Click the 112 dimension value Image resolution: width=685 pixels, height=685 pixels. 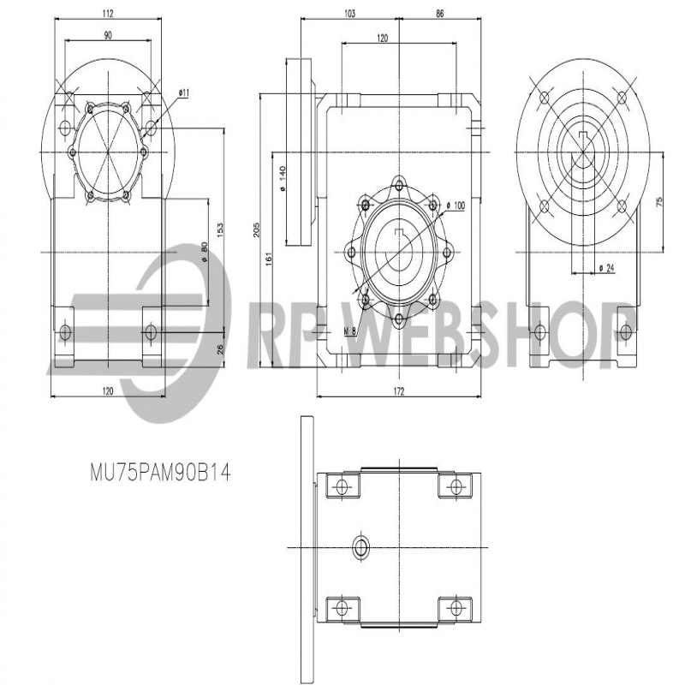point(108,14)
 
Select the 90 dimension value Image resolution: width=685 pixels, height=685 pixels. point(108,35)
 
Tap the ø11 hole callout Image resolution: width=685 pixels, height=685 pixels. point(184,92)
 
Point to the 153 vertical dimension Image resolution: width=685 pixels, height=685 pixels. point(220,229)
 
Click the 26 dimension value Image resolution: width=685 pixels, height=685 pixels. point(220,348)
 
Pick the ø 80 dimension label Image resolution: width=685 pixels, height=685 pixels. point(204,253)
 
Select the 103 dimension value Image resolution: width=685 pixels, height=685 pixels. point(349,14)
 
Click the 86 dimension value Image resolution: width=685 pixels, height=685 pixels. point(439,14)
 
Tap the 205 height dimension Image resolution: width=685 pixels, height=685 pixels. point(257,229)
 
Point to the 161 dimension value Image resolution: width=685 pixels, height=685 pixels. point(269,259)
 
